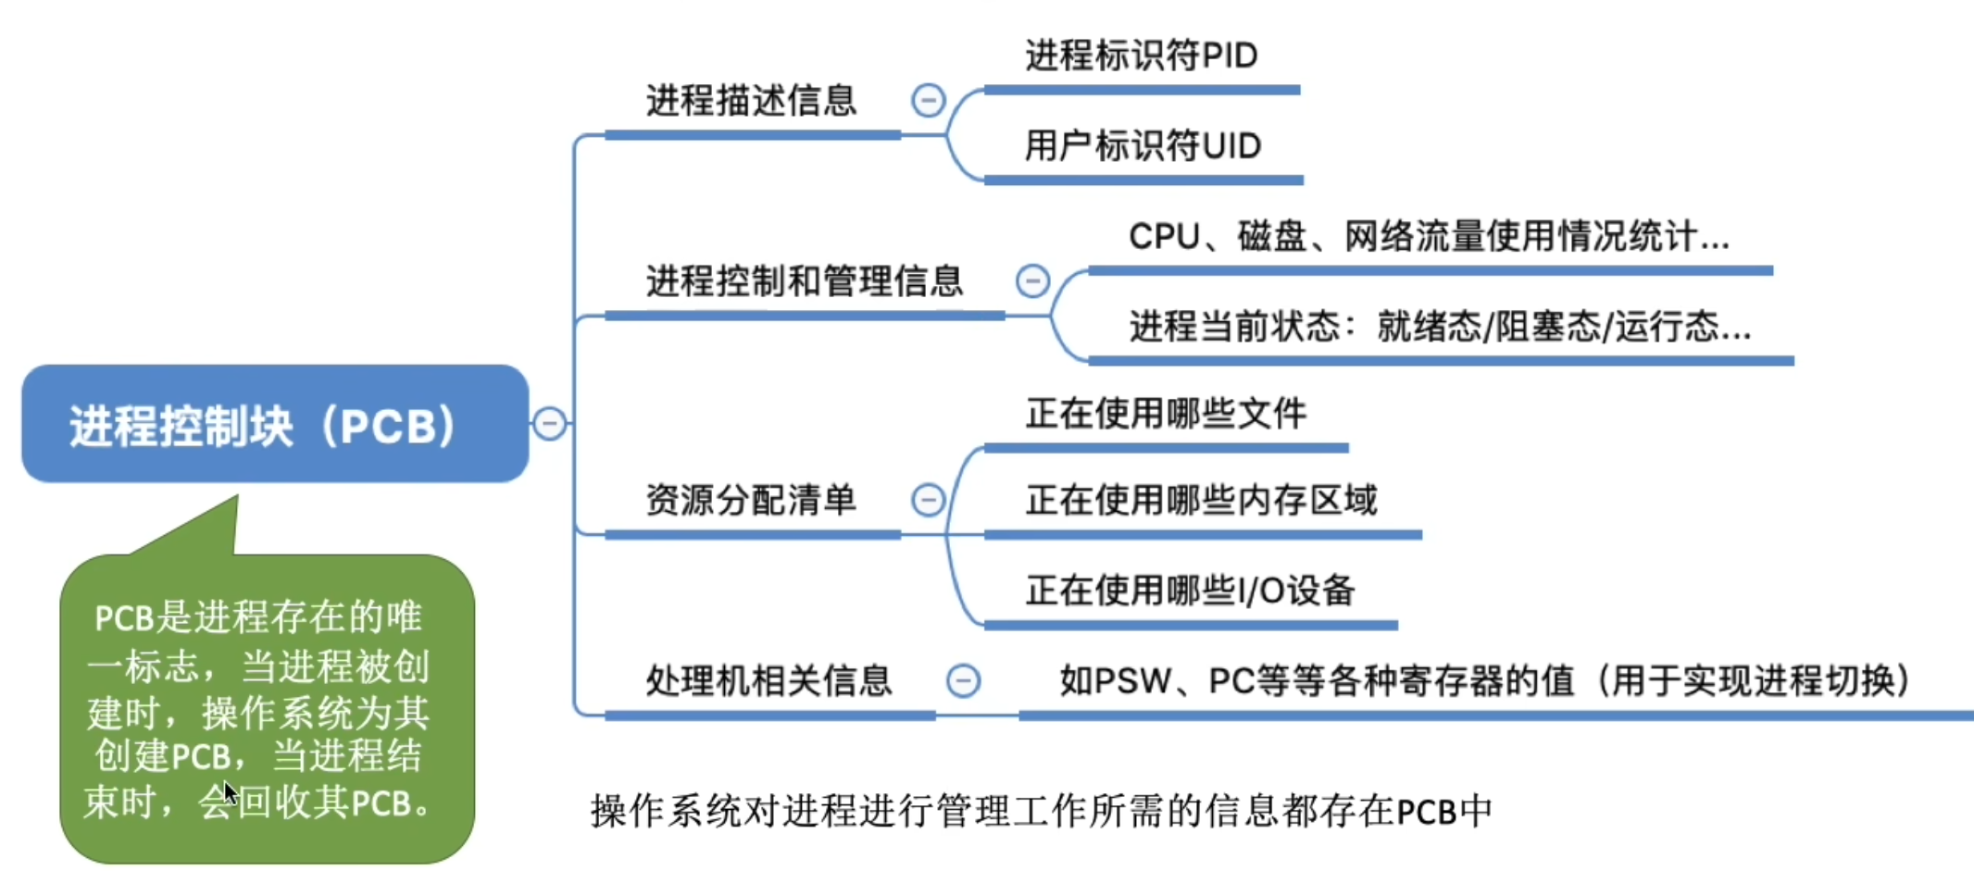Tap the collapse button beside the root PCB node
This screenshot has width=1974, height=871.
(549, 424)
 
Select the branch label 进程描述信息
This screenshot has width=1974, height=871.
(751, 101)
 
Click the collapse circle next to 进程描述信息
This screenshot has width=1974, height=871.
(928, 100)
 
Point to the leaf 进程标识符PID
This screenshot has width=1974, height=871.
(1141, 56)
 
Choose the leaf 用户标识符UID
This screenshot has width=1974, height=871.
(1143, 146)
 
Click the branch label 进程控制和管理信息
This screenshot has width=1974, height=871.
(804, 281)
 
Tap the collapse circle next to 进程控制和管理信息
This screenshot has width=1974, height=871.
(1032, 280)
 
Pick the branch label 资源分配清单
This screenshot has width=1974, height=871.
(751, 501)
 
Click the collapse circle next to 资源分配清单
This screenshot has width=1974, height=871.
(928, 500)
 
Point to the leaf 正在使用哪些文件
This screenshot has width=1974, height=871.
(1166, 414)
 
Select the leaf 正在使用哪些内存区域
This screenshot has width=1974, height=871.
(1201, 501)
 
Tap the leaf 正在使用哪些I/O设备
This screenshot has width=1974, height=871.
(1190, 591)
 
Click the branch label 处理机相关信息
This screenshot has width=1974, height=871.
(768, 681)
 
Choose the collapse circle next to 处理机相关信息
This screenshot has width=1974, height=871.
(963, 681)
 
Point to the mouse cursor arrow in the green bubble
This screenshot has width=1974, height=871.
(230, 792)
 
